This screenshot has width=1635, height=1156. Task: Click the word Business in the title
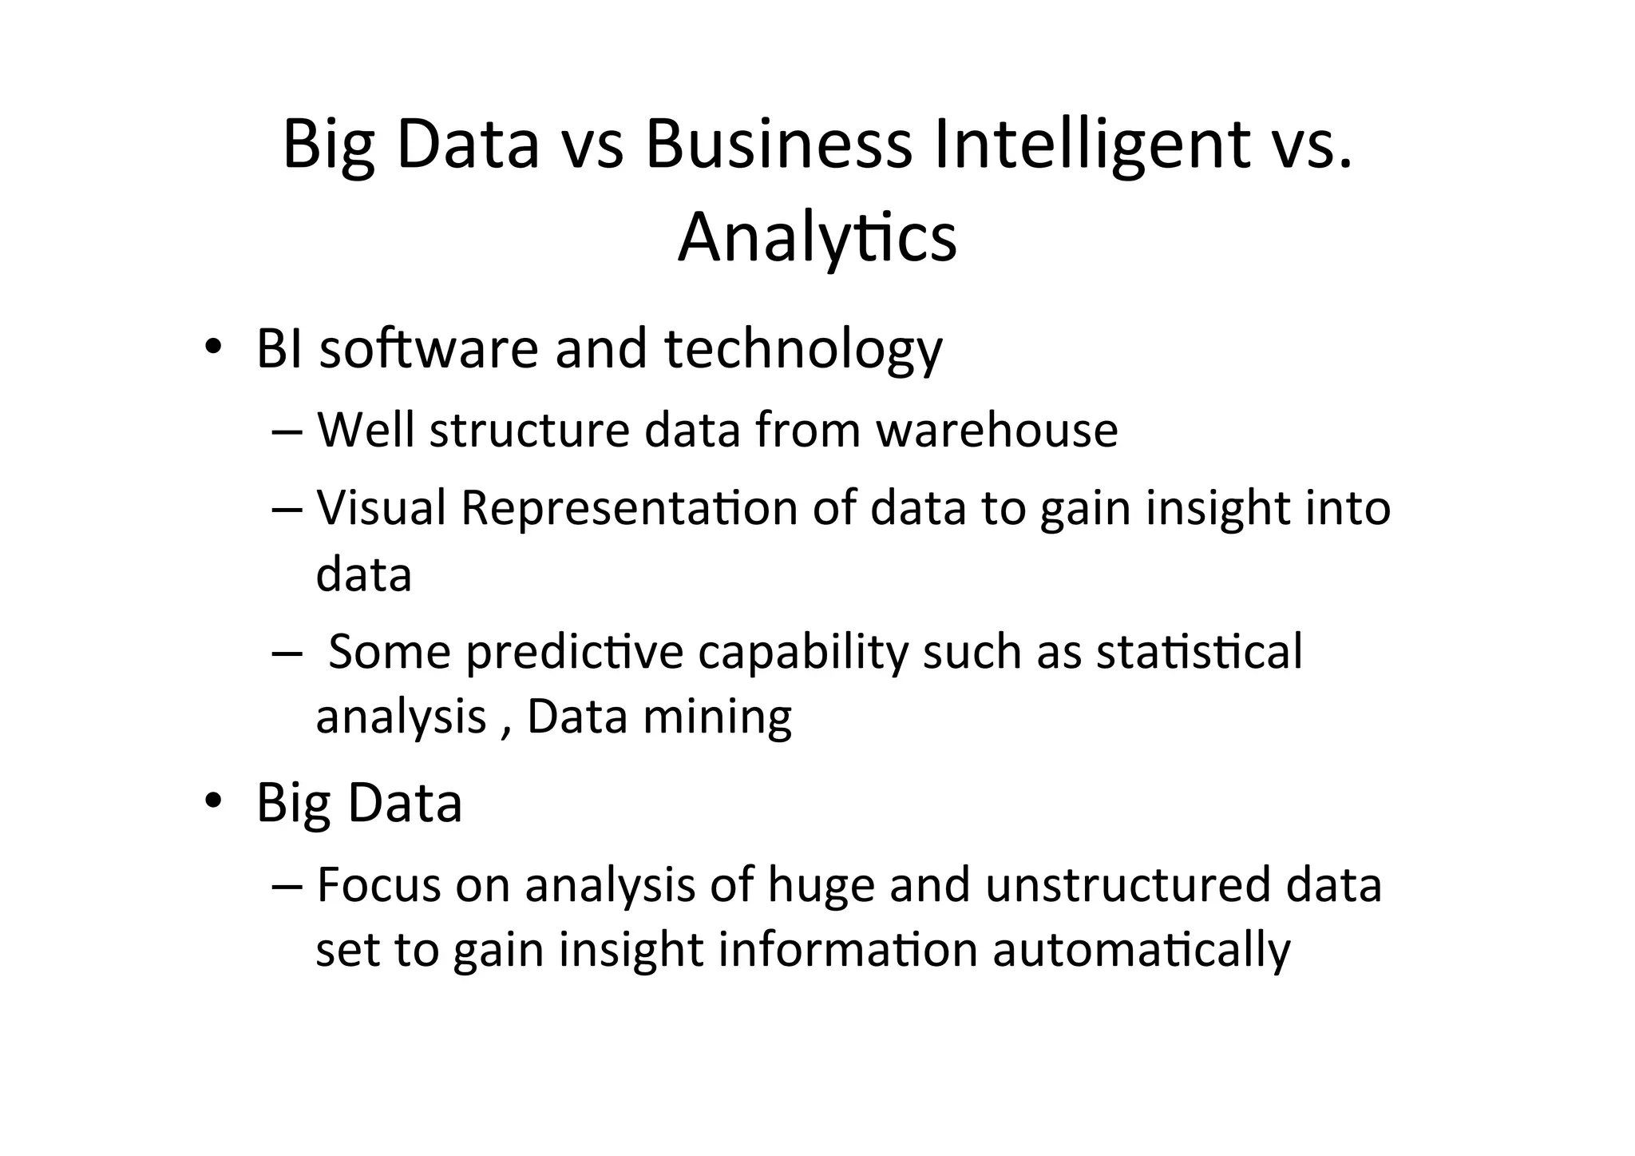click(778, 145)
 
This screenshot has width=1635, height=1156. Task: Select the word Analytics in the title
click(817, 237)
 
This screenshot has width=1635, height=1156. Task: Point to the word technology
click(803, 349)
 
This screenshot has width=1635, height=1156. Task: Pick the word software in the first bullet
click(429, 349)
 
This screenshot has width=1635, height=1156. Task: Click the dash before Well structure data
click(285, 431)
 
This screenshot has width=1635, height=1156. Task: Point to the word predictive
click(575, 652)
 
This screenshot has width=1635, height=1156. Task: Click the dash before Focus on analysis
click(285, 887)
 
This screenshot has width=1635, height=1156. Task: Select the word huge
click(821, 887)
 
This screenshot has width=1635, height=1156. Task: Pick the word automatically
click(1141, 951)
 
